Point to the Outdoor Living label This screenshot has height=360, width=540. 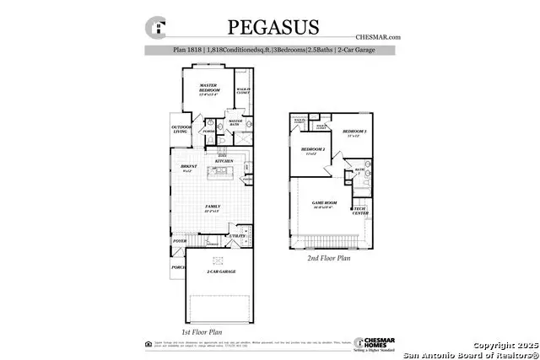181,129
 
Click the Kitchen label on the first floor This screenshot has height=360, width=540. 224,160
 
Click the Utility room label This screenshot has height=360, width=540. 239,237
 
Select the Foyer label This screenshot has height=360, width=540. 179,240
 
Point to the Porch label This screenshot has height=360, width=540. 178,267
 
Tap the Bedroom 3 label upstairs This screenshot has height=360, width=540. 354,132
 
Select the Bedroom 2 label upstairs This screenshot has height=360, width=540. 313,151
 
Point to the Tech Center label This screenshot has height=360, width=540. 359,211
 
